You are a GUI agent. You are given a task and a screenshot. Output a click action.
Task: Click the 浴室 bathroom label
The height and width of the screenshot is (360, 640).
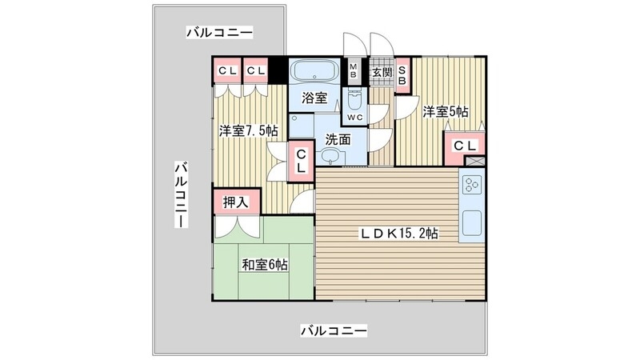pyautogui.click(x=314, y=98)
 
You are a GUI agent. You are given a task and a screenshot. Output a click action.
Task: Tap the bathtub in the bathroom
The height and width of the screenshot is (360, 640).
pyautogui.click(x=314, y=70)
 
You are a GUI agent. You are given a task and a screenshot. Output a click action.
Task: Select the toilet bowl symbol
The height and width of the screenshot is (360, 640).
pyautogui.click(x=355, y=99)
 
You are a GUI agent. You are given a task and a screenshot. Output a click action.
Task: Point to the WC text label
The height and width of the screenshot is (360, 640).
pyautogui.click(x=355, y=118)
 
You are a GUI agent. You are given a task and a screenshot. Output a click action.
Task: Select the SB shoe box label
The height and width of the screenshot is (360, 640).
pyautogui.click(x=402, y=73)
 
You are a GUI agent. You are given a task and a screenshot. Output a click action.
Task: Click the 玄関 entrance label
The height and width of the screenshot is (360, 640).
pyautogui.click(x=381, y=72)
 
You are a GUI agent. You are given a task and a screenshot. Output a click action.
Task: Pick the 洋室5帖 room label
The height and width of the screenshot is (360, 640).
pyautogui.click(x=446, y=111)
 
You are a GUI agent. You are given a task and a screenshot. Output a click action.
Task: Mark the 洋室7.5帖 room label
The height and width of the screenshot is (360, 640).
pyautogui.click(x=249, y=130)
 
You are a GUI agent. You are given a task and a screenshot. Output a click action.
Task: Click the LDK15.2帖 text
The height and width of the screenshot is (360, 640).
pyautogui.click(x=397, y=234)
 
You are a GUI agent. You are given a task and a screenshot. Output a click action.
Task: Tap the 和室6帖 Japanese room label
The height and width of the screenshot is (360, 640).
pyautogui.click(x=265, y=264)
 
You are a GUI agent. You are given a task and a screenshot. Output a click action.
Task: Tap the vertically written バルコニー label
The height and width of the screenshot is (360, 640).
pyautogui.click(x=182, y=194)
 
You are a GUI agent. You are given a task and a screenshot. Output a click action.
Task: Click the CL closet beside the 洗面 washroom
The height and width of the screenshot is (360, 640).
pyautogui.click(x=300, y=160)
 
